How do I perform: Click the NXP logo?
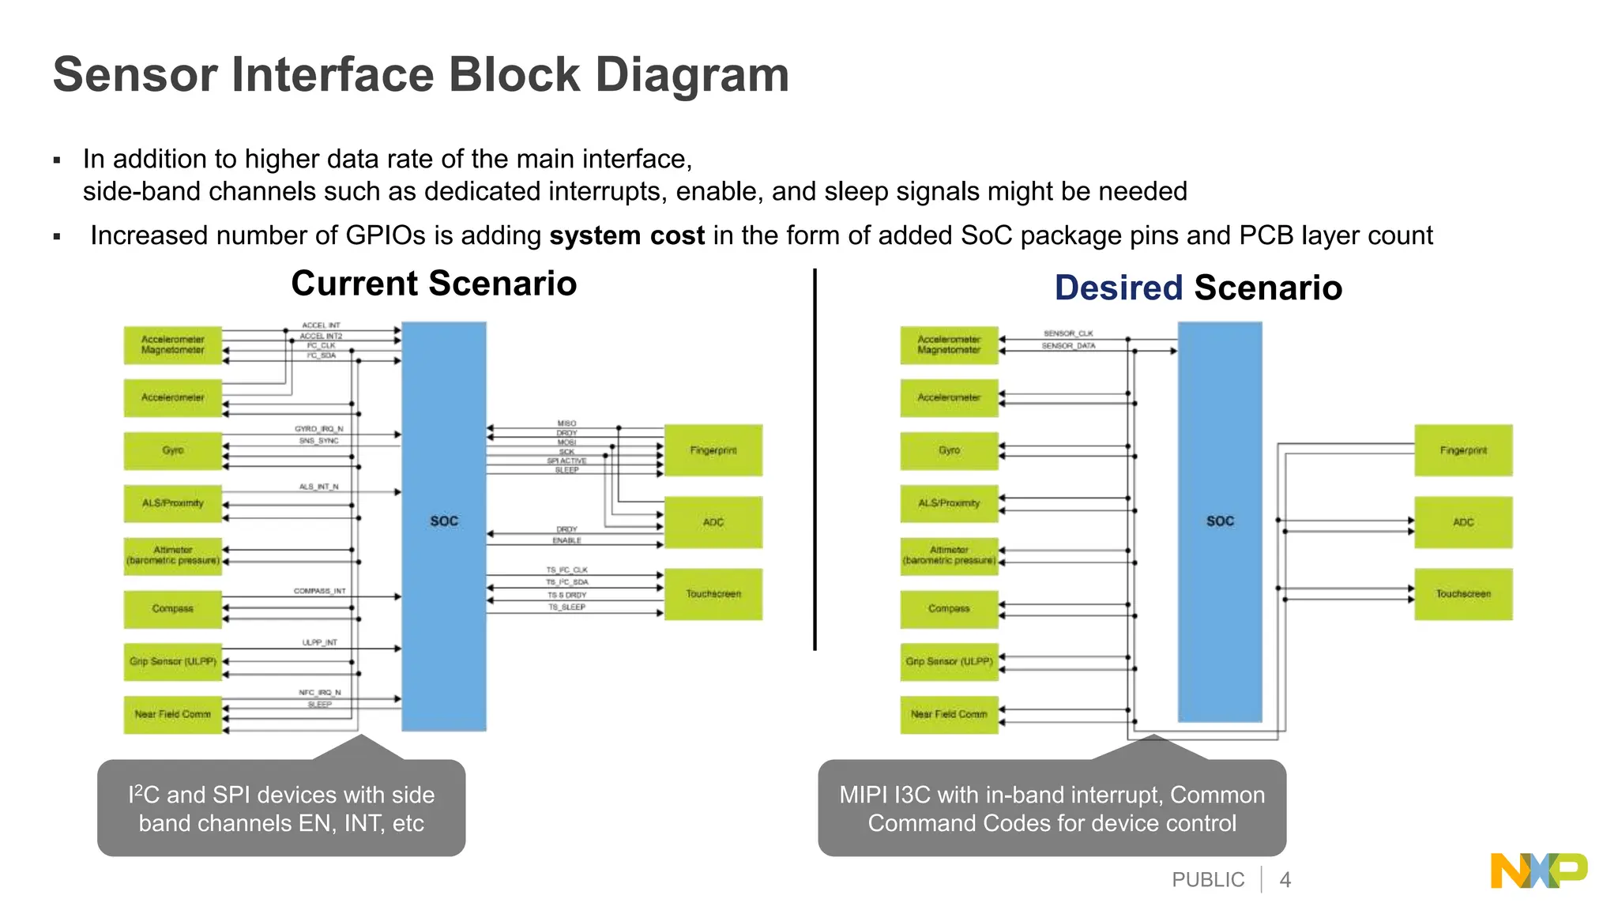[x=1538, y=871]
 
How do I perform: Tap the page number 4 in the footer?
[x=1285, y=879]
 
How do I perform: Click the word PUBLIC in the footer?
[x=1208, y=879]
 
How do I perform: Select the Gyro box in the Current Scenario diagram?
[x=172, y=450]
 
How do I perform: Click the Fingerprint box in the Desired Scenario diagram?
[x=1462, y=450]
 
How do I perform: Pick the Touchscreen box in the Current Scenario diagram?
[x=713, y=594]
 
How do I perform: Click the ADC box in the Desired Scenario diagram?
[x=1462, y=522]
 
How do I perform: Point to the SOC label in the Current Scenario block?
[x=444, y=521]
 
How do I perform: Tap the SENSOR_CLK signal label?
[x=1068, y=333]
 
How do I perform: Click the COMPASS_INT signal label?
[x=319, y=591]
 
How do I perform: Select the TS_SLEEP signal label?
[x=566, y=607]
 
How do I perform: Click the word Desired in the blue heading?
[x=1118, y=288]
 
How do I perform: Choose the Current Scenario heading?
[x=434, y=284]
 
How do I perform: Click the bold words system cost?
[x=627, y=235]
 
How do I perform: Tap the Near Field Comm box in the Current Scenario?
[x=172, y=714]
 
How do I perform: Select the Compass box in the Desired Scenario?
[x=948, y=609]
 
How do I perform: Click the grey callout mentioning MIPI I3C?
[x=1052, y=809]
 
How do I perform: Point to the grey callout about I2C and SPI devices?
[x=281, y=809]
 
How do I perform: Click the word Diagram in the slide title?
[x=691, y=75]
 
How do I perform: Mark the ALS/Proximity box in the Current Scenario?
[x=172, y=503]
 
